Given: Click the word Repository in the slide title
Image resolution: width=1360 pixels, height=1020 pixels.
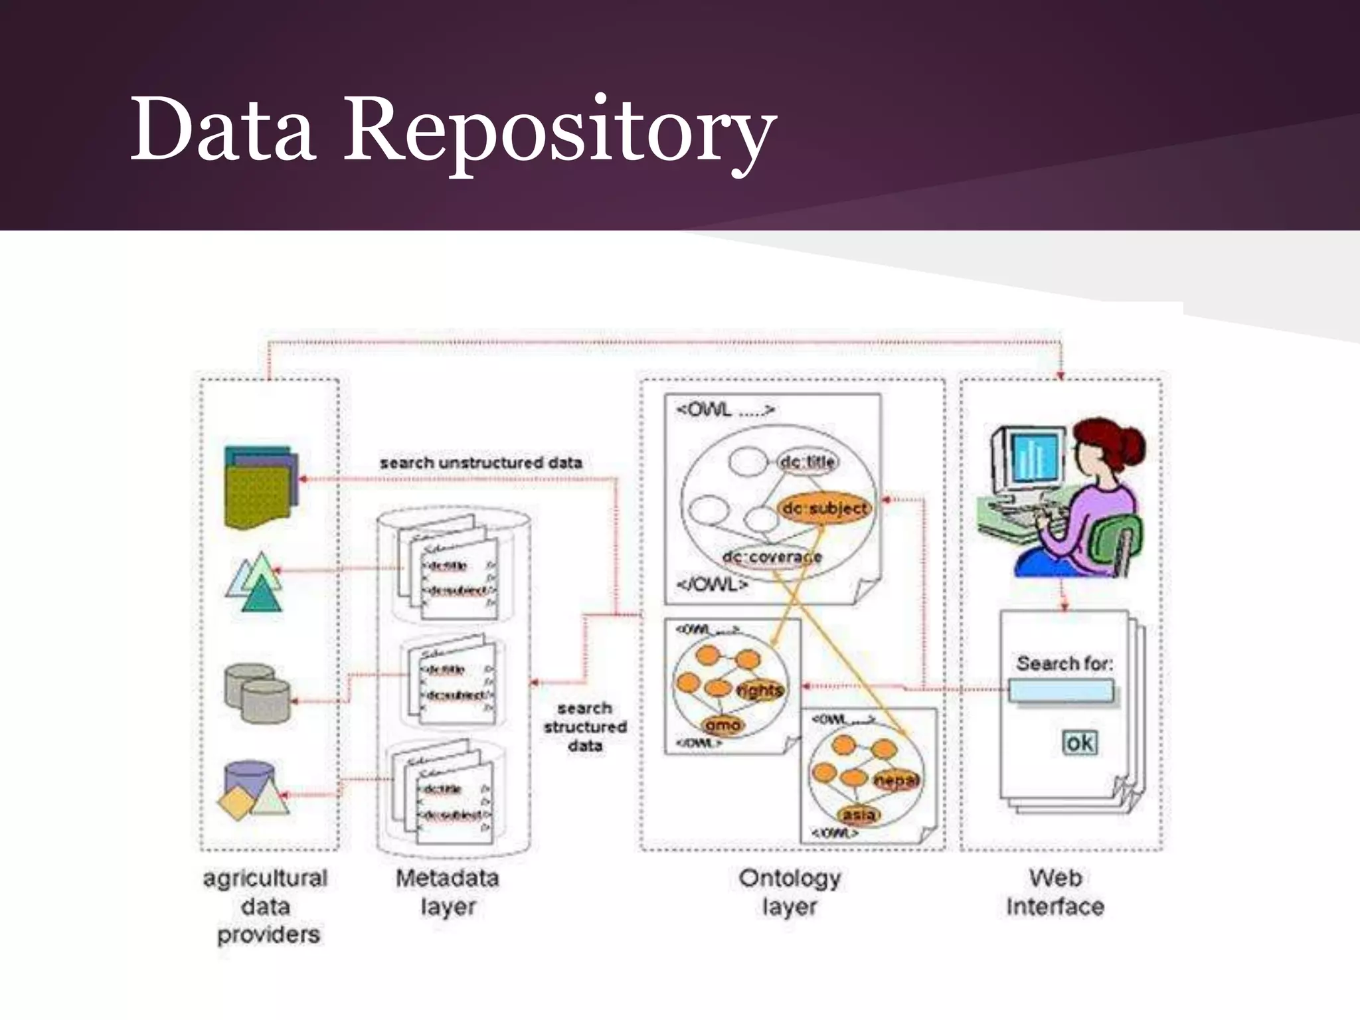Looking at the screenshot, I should [x=558, y=129].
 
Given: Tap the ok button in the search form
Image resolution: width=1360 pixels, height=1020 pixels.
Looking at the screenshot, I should [x=1079, y=742].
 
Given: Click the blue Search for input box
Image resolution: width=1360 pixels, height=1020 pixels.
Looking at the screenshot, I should [x=1061, y=691].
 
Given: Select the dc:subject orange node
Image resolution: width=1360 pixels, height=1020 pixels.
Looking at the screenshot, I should [x=824, y=509].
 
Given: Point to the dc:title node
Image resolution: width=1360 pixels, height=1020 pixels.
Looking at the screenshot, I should [x=807, y=462].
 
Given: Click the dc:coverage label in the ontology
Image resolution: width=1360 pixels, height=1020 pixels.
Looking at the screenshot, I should [x=772, y=557].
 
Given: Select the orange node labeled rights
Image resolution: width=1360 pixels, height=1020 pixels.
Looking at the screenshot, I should [x=760, y=691].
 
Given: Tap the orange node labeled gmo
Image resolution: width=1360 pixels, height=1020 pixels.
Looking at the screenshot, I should [x=722, y=725].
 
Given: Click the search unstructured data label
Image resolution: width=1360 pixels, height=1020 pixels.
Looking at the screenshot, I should [x=481, y=463].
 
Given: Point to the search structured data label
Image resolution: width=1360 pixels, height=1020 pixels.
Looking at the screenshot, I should [x=585, y=726].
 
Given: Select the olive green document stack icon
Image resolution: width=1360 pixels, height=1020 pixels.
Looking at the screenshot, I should [x=260, y=488].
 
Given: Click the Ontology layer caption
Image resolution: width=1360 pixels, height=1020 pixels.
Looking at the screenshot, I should [x=790, y=892].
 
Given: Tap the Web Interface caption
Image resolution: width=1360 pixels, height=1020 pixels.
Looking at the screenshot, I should [x=1055, y=892].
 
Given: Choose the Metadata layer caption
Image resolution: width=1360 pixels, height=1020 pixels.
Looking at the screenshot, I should [x=448, y=892].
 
